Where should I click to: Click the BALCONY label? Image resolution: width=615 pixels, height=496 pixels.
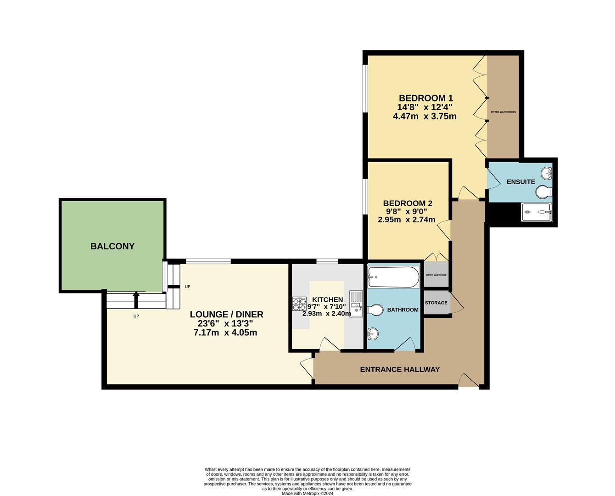112,246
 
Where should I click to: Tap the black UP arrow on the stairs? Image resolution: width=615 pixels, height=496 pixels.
136,299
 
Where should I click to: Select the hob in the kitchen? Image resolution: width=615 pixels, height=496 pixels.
299,304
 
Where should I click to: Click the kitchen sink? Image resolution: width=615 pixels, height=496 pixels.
356,303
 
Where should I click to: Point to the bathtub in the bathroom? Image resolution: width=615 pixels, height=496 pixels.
393,277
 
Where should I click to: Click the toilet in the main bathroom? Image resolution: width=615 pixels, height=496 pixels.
375,311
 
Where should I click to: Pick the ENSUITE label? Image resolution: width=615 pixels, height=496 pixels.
520,182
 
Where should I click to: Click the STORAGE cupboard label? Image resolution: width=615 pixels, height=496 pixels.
436,303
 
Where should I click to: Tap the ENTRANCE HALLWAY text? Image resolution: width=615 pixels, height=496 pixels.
400,369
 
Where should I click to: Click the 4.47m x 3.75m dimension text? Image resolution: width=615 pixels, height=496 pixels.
425,116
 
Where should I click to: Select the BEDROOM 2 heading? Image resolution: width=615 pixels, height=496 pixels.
408,203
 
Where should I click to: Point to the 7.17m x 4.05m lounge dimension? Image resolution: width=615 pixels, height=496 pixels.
225,333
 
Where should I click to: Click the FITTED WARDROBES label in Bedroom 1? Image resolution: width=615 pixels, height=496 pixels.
503,112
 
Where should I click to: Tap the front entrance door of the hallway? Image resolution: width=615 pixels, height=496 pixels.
469,380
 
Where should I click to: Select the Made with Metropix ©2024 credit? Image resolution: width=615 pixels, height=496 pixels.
307,494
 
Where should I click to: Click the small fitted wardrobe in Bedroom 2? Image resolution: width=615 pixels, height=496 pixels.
436,275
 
